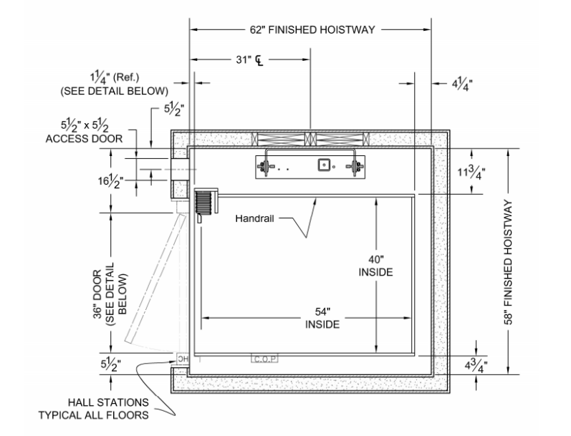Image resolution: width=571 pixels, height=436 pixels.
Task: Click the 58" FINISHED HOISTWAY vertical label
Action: click(x=510, y=262)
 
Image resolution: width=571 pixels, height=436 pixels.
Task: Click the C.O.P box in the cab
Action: click(x=263, y=358)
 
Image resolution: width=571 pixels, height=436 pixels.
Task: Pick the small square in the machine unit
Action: click(x=324, y=164)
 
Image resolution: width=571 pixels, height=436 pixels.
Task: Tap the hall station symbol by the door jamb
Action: click(x=181, y=358)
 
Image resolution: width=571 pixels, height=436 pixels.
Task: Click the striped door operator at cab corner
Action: click(x=206, y=201)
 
